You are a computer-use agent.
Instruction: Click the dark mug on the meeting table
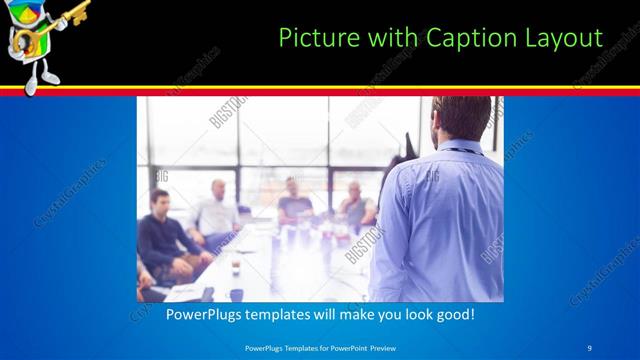click(236, 269)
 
